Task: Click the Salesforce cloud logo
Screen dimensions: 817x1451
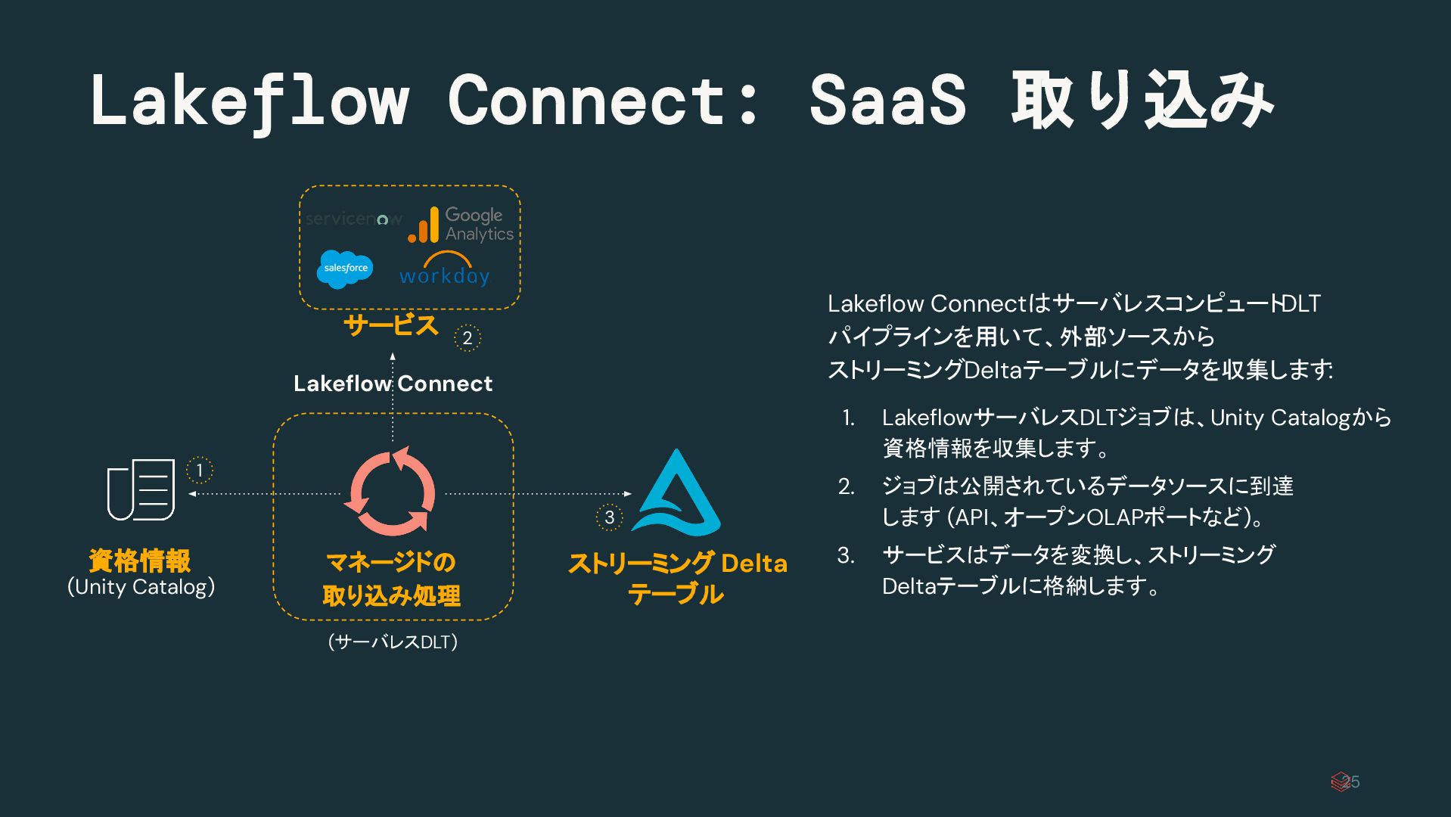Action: point(345,269)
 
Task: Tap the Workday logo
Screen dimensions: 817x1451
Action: point(444,271)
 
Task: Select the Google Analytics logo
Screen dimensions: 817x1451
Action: point(461,225)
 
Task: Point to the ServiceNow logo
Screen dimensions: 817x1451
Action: point(353,219)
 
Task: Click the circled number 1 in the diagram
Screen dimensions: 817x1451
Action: point(200,470)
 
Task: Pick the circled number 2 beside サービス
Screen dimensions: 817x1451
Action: point(468,338)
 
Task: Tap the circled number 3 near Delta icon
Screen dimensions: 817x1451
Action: point(609,517)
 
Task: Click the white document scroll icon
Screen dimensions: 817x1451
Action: point(141,489)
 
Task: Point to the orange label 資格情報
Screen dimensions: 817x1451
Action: point(140,561)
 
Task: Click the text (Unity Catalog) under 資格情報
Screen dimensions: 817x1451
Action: point(141,587)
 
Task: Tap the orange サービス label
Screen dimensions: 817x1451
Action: point(390,325)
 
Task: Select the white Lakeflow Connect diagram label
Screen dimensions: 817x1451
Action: point(393,384)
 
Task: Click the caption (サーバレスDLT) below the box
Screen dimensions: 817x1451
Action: point(393,641)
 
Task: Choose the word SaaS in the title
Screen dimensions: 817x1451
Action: point(887,100)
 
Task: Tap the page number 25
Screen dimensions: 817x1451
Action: point(1351,781)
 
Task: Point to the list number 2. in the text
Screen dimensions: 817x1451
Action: point(847,486)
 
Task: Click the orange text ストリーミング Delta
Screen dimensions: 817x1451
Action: point(677,564)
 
